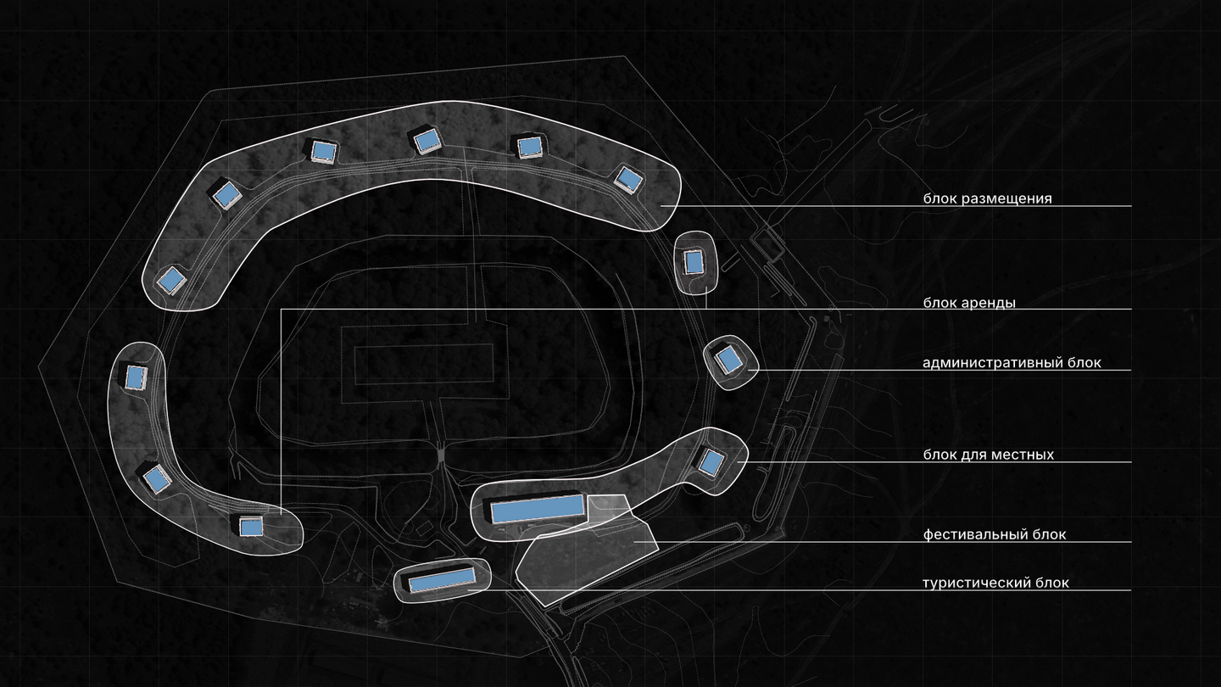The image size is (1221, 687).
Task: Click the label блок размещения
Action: tap(987, 198)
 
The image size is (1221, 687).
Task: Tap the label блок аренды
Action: tap(969, 303)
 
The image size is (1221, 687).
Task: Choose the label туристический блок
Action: tap(995, 583)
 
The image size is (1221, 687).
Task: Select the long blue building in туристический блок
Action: tap(442, 579)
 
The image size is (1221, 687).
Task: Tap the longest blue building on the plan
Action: tap(538, 509)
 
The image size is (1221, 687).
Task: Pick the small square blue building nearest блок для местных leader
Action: tap(711, 462)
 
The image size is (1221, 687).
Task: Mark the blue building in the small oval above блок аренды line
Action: tap(694, 263)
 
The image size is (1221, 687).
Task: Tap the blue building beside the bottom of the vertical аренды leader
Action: tap(251, 527)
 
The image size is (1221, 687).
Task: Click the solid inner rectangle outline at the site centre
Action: tap(424, 364)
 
